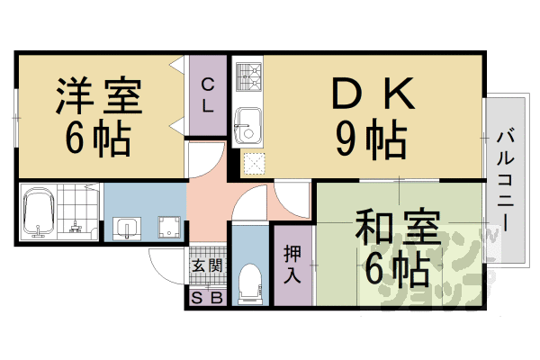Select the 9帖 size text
point(369,137)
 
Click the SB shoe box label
point(206,298)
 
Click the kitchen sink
point(247,123)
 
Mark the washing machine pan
point(166,227)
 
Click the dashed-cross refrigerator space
point(254,163)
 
